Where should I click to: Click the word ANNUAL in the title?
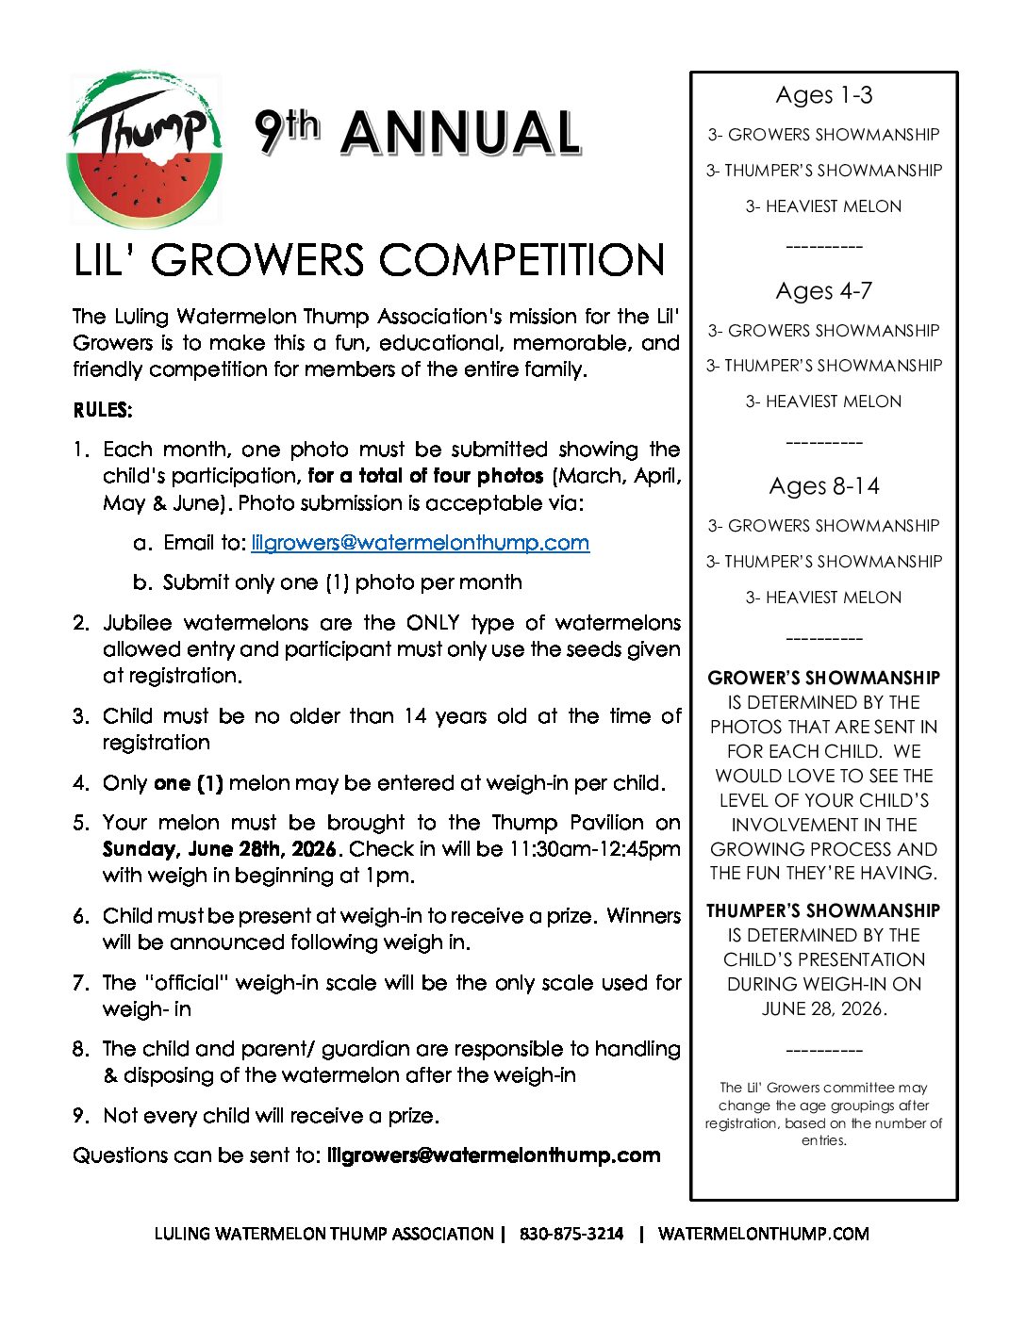tap(460, 133)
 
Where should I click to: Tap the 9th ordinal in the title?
tap(287, 131)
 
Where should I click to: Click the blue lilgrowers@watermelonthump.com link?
tap(420, 543)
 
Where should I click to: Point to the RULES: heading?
tap(103, 410)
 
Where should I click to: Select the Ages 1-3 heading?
tap(823, 95)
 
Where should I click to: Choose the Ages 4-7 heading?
tap(823, 291)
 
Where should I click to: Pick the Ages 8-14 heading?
tap(823, 486)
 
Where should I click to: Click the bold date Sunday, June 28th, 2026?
tap(219, 849)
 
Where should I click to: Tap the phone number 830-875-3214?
tap(571, 1234)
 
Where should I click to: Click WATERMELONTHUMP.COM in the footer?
tap(763, 1234)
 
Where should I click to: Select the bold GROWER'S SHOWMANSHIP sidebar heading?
tap(823, 678)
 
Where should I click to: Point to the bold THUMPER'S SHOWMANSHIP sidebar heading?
tap(823, 910)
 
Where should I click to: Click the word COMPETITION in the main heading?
tap(523, 261)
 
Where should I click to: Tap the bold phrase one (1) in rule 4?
tap(188, 783)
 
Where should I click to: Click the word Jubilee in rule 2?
tap(138, 623)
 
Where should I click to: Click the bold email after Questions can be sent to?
tap(493, 1155)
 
